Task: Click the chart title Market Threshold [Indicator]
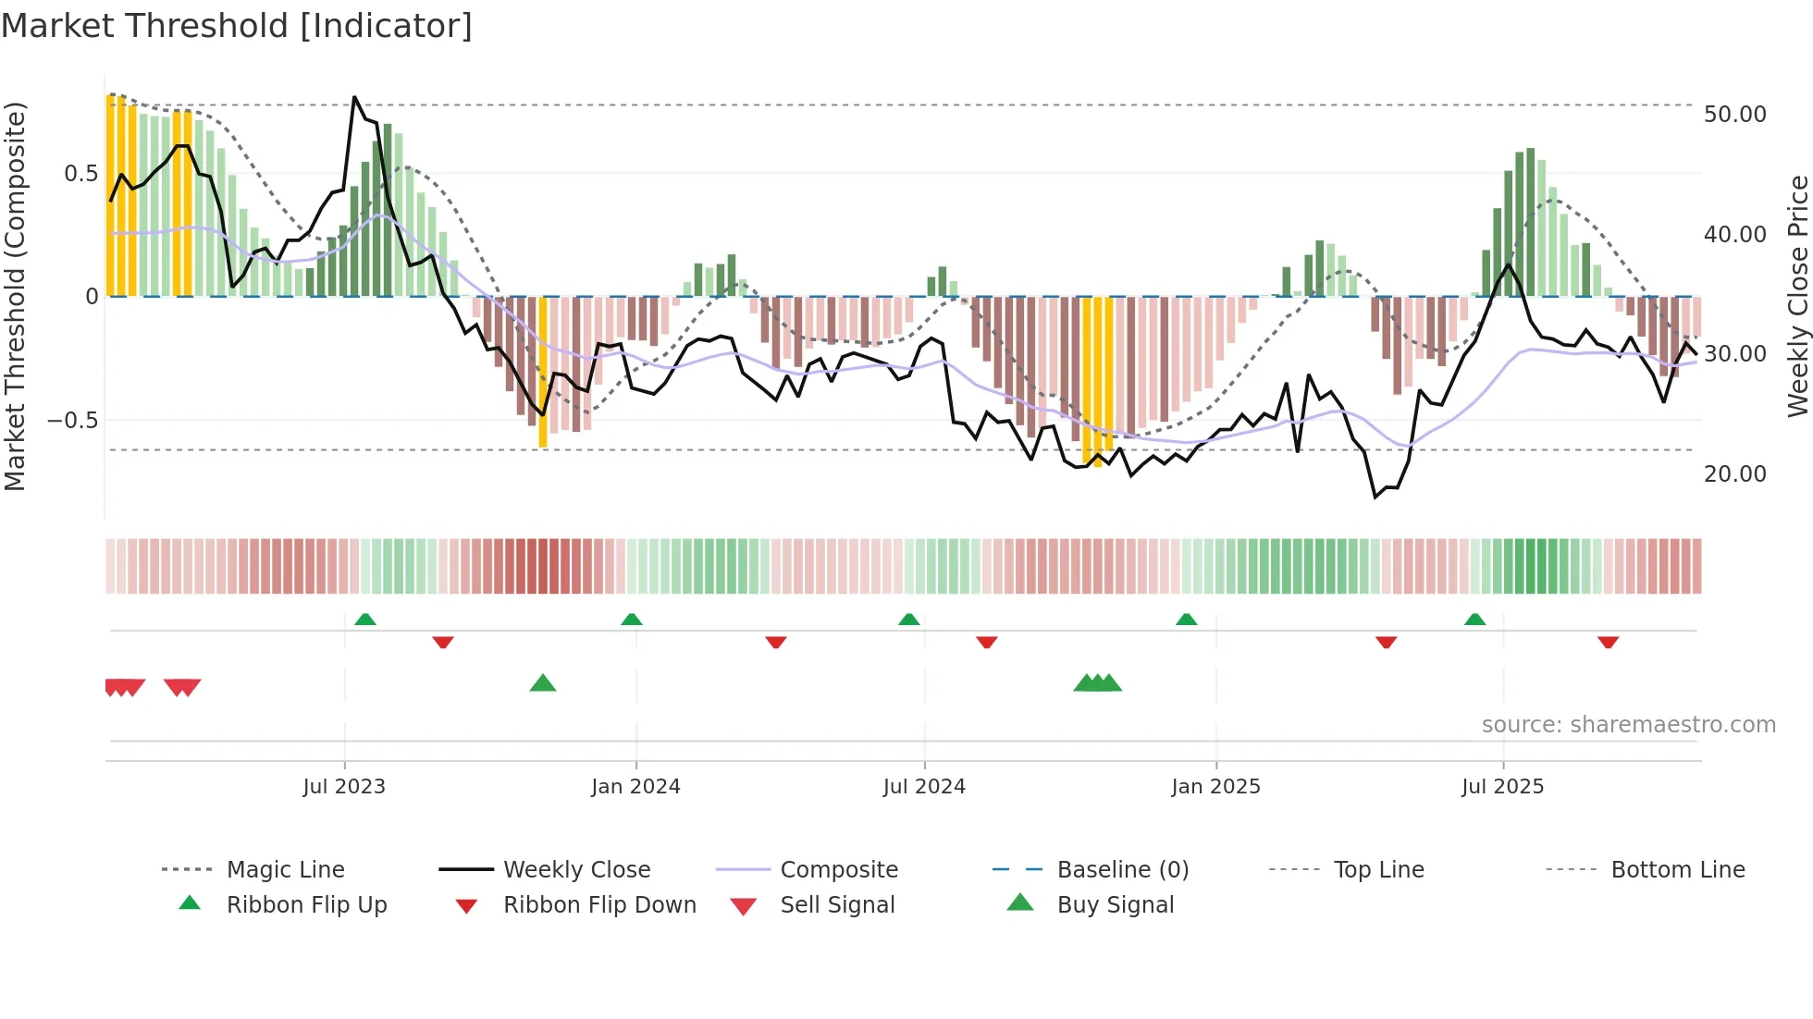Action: tap(237, 26)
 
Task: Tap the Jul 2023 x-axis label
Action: tap(344, 787)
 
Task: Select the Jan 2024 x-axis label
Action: tap(635, 787)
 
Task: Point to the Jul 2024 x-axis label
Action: tap(924, 787)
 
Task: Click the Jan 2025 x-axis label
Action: tap(1215, 787)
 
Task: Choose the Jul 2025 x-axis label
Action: tap(1503, 787)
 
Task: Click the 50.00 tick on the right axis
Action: tap(1734, 115)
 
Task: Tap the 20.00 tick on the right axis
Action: tap(1734, 474)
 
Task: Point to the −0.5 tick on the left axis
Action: tap(72, 421)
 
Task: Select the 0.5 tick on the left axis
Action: tap(80, 174)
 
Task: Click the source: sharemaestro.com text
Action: tap(1628, 725)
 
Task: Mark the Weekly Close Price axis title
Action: tap(1797, 296)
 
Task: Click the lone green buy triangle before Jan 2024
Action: tap(543, 683)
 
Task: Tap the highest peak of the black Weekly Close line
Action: tap(354, 97)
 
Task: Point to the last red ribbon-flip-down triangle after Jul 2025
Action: tap(1608, 642)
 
